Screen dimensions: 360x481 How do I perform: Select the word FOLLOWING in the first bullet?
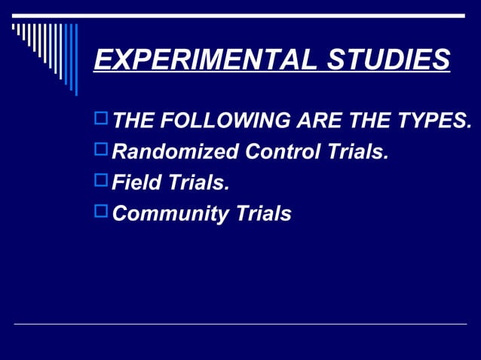(x=217, y=121)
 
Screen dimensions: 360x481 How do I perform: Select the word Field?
(x=135, y=183)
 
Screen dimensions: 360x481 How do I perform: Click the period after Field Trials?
(x=226, y=189)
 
